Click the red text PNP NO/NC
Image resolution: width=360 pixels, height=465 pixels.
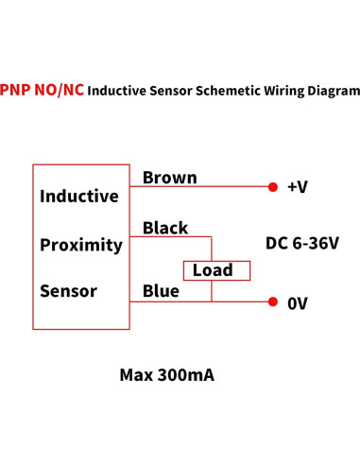pyautogui.click(x=43, y=91)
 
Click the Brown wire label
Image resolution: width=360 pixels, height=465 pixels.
pyautogui.click(x=169, y=178)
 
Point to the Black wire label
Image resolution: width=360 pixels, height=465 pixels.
pyautogui.click(x=165, y=228)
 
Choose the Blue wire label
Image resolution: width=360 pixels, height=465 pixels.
pyautogui.click(x=161, y=291)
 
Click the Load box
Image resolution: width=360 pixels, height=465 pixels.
pyautogui.click(x=216, y=270)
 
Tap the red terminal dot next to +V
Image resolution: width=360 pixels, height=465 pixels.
pyautogui.click(x=273, y=187)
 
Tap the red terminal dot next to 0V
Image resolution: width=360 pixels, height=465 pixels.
pyautogui.click(x=273, y=302)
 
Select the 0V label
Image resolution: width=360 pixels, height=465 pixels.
pyautogui.click(x=297, y=303)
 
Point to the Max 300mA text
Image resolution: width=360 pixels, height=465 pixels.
pyautogui.click(x=167, y=374)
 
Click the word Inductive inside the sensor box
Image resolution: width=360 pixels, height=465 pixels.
pyautogui.click(x=79, y=197)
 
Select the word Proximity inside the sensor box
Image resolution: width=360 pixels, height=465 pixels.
pyautogui.click(x=81, y=245)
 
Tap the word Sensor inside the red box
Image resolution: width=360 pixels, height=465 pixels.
pyautogui.click(x=68, y=291)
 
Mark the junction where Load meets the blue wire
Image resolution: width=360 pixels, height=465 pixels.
pyautogui.click(x=212, y=301)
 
